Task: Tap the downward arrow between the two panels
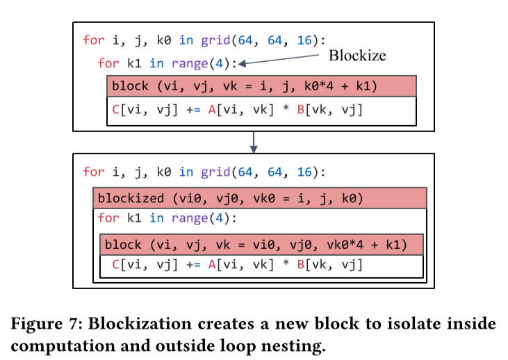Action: (x=254, y=142)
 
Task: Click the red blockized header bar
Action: (x=259, y=198)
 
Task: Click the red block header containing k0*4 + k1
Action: (x=261, y=87)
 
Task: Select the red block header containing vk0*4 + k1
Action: (x=261, y=245)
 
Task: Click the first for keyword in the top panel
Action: (x=93, y=40)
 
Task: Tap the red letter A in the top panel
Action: (x=212, y=109)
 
